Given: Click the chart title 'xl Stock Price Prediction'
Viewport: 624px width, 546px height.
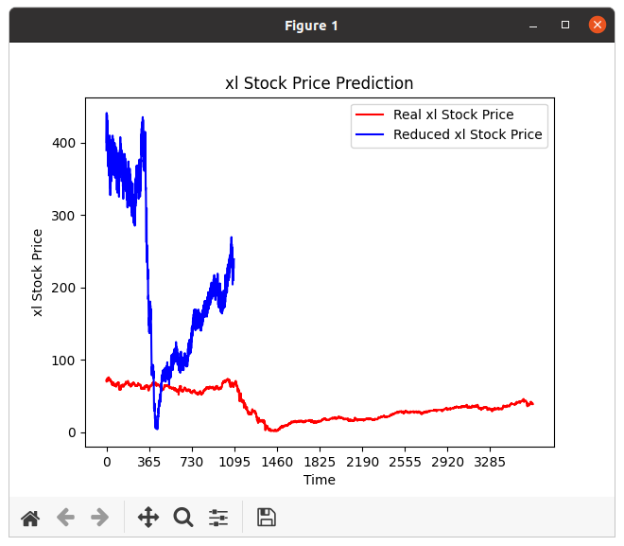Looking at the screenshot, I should pyautogui.click(x=319, y=83).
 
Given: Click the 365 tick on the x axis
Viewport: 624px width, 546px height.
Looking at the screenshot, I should pyautogui.click(x=149, y=463).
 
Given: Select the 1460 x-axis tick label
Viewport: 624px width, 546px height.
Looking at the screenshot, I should pyautogui.click(x=277, y=463).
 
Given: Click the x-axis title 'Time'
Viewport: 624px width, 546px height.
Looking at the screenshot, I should pyautogui.click(x=319, y=480).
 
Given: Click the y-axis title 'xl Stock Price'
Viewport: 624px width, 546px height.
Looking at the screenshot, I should pyautogui.click(x=39, y=273).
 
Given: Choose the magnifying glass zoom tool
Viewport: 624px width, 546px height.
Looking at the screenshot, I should pyautogui.click(x=183, y=517).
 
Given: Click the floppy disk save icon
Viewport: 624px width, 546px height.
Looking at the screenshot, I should pyautogui.click(x=267, y=517).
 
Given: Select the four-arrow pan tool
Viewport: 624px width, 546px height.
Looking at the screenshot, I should pyautogui.click(x=148, y=517).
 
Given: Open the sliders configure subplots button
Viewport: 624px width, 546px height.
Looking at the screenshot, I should pyautogui.click(x=218, y=517).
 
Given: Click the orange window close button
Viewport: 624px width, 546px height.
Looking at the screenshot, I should pyautogui.click(x=598, y=25).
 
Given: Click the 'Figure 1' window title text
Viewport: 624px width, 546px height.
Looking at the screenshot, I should pyautogui.click(x=311, y=26).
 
